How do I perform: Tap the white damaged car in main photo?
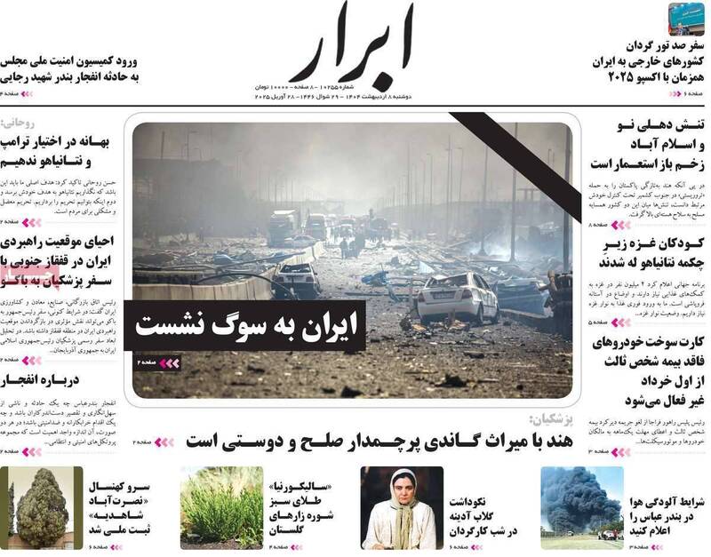[456, 296]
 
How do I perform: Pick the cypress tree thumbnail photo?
[42, 507]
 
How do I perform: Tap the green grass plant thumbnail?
[221, 507]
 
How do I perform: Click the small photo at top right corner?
[686, 19]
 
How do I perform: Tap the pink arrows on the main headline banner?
[169, 362]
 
